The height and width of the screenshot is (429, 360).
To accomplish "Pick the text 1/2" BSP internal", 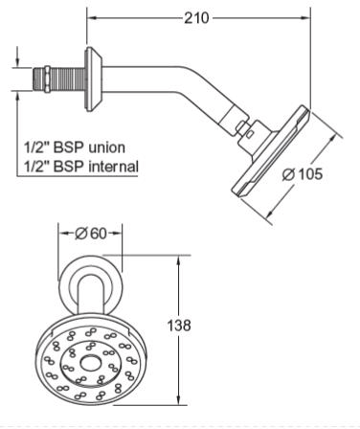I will tap(82, 167).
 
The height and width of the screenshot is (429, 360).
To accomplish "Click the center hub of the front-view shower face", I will tap(89, 363).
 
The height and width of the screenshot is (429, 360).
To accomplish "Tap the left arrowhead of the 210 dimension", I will tap(91, 17).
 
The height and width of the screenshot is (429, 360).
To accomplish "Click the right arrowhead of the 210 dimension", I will tap(307, 17).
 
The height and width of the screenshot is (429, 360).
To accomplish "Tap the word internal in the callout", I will tap(113, 167).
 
